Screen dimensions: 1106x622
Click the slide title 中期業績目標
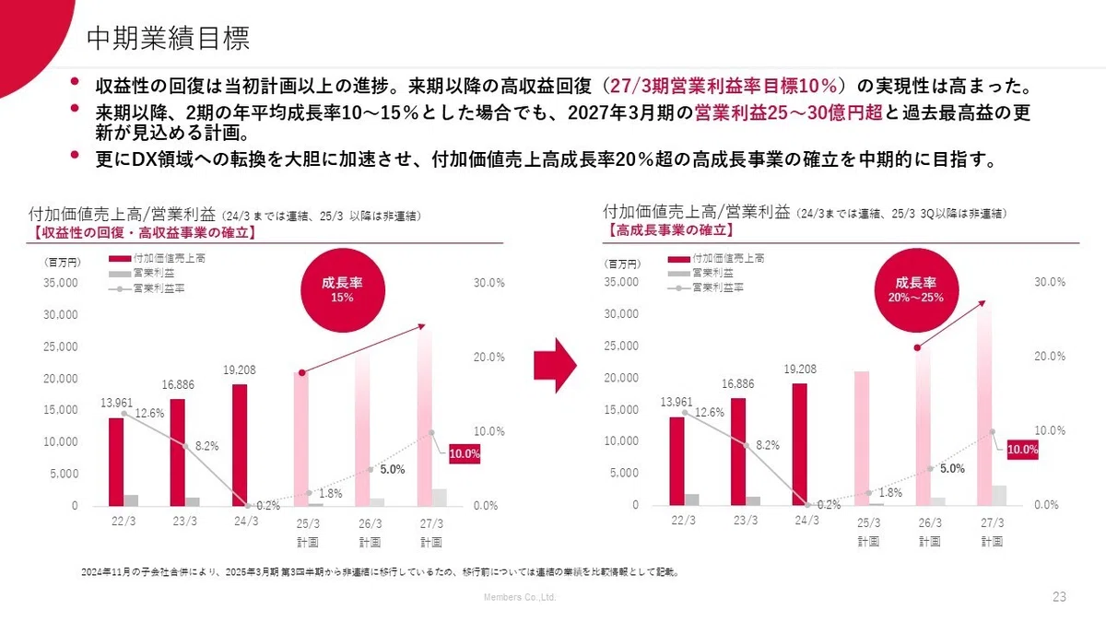(169, 38)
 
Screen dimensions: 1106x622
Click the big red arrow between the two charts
(555, 366)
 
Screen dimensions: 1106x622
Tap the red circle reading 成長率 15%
(343, 289)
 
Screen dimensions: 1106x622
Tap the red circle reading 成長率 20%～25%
(916, 289)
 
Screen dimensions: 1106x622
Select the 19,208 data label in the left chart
(240, 370)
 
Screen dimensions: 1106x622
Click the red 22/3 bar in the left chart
(116, 462)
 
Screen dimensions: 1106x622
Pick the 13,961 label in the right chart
(677, 402)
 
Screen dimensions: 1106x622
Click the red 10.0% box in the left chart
(465, 453)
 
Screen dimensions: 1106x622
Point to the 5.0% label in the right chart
(952, 468)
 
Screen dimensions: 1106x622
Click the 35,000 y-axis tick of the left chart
(61, 283)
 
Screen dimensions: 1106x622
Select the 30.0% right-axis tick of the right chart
(1050, 282)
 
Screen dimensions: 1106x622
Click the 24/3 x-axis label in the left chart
(246, 522)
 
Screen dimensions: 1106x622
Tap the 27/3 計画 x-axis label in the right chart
(992, 532)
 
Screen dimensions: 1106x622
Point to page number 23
(1059, 597)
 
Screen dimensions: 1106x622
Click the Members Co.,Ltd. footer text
(520, 597)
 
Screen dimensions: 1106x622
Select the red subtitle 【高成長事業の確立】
(669, 230)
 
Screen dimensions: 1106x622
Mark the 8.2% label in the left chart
(206, 446)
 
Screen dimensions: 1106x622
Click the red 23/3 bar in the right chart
(738, 452)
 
